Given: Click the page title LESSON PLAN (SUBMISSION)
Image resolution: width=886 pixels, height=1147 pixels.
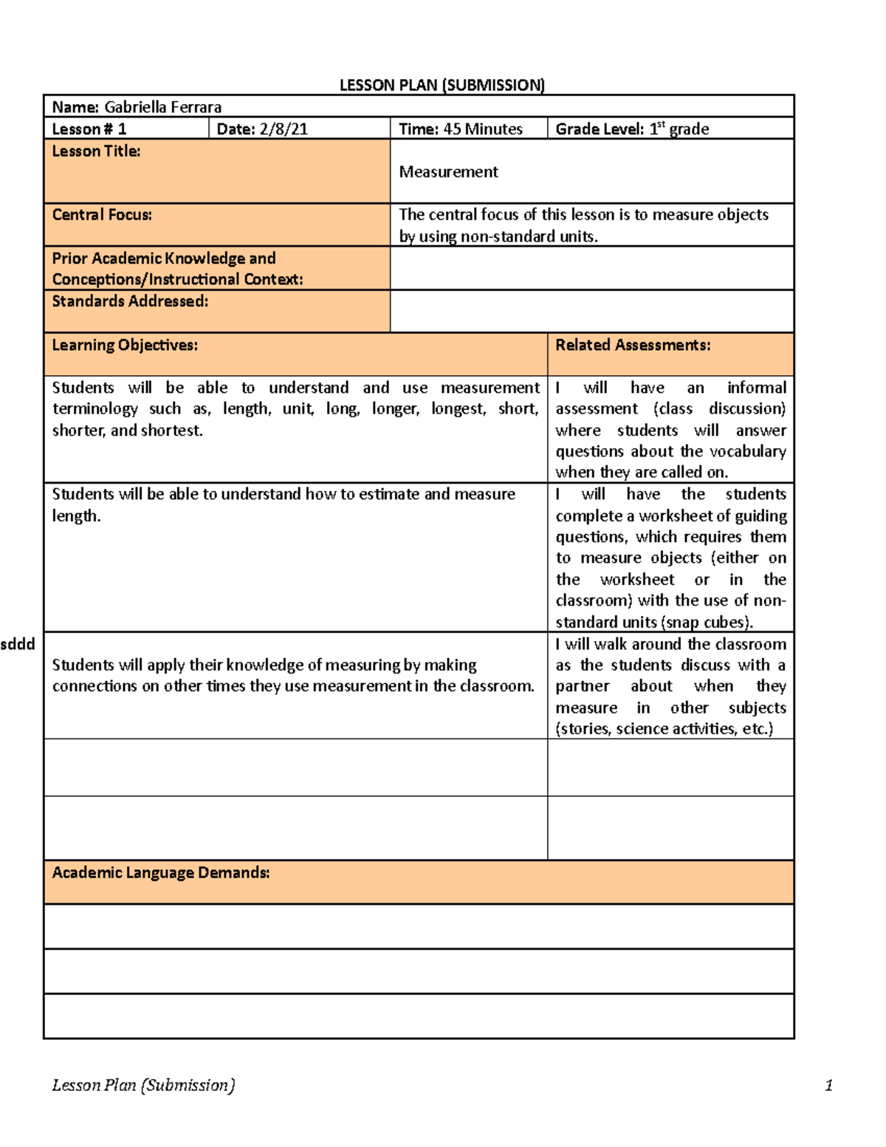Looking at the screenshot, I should coord(442,85).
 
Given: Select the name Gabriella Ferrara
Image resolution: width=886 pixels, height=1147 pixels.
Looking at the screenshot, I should coord(162,107).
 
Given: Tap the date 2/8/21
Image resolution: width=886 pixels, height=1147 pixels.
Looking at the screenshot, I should coord(284,129).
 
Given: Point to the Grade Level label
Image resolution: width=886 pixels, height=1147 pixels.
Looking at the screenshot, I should coord(599,129).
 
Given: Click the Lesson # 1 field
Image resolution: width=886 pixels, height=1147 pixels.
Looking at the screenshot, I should coord(89,129).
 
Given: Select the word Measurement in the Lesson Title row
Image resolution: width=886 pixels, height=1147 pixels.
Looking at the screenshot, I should coord(448,172).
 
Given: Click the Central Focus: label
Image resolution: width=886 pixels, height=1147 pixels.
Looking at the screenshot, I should coord(102,215).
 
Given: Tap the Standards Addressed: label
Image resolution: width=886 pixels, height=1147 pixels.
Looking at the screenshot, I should coord(130,301).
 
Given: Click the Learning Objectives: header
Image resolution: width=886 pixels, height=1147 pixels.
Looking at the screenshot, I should coord(125,345).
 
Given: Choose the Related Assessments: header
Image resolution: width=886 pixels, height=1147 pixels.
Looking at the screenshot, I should coord(633,345).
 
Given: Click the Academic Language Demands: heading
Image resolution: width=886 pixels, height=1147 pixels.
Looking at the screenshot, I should coord(160,873).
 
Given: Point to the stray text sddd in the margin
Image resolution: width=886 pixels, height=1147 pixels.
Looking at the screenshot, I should coord(18,644).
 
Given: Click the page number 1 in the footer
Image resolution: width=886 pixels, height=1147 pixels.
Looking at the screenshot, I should coord(828,1085).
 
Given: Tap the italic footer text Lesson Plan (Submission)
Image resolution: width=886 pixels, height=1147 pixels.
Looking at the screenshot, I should coord(143,1085).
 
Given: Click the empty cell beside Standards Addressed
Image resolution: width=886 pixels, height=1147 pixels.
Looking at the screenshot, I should coord(591,311).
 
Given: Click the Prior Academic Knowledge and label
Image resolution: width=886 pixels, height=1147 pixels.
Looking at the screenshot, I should coord(163,258).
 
